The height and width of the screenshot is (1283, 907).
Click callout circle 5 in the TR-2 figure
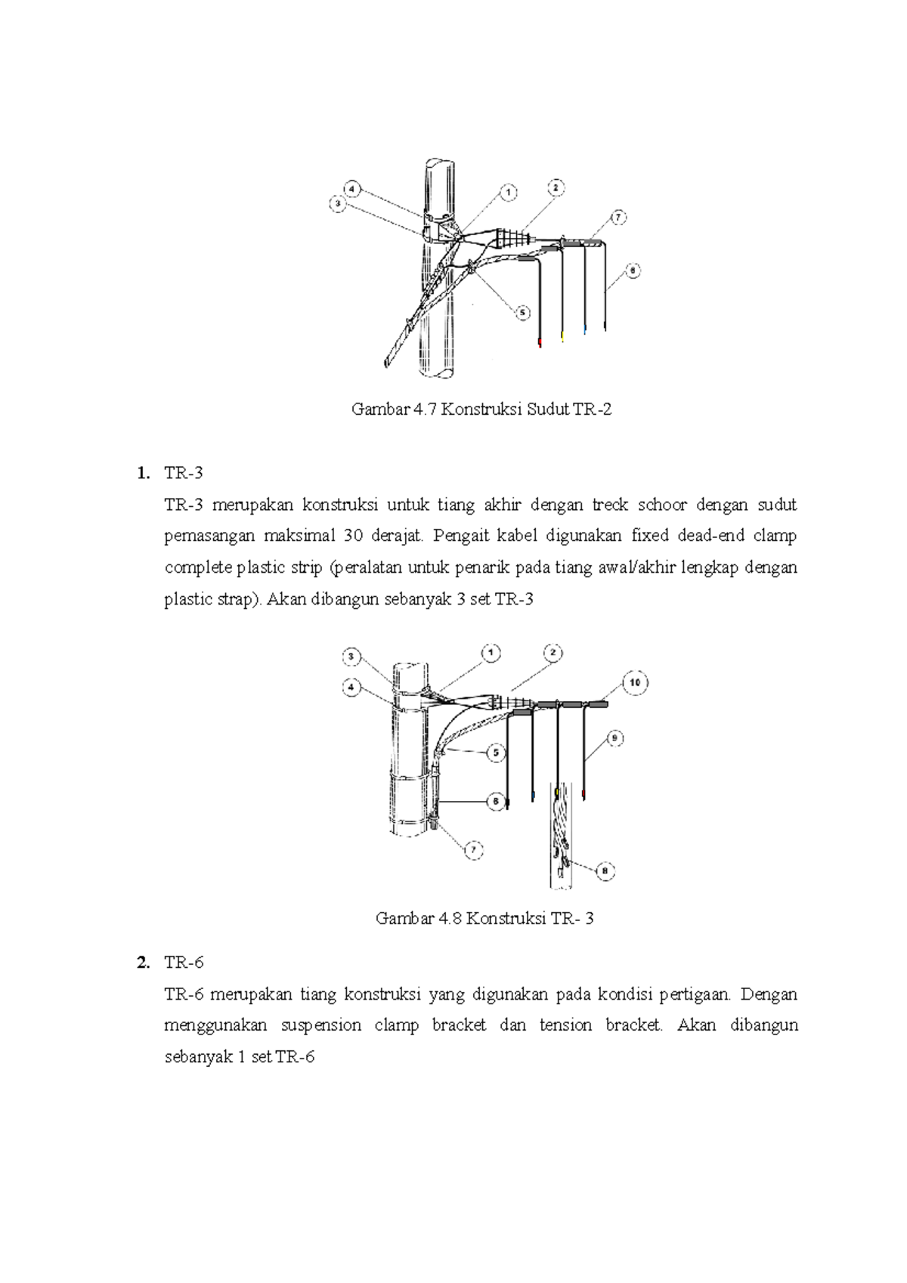pos(522,312)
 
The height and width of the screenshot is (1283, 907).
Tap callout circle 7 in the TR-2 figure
pos(618,218)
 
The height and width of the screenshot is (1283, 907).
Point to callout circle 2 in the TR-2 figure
pos(556,187)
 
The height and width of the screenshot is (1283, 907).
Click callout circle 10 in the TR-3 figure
pos(635,683)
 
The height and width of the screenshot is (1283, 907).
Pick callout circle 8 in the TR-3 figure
pos(605,871)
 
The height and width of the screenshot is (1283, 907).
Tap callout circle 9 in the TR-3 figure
pos(615,739)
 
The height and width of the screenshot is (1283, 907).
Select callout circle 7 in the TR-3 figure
pos(473,850)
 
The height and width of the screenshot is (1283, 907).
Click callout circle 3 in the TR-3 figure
pos(351,657)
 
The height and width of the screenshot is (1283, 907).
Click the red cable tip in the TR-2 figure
pos(540,344)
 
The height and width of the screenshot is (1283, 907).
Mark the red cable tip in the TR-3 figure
pos(584,793)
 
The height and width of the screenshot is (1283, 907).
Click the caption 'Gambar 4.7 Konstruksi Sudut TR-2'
pos(481,410)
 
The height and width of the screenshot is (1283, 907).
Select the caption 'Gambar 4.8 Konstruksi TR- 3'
pos(484,919)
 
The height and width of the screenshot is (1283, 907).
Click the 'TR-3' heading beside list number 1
pos(184,473)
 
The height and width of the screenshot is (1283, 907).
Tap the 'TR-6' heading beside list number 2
pos(184,963)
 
